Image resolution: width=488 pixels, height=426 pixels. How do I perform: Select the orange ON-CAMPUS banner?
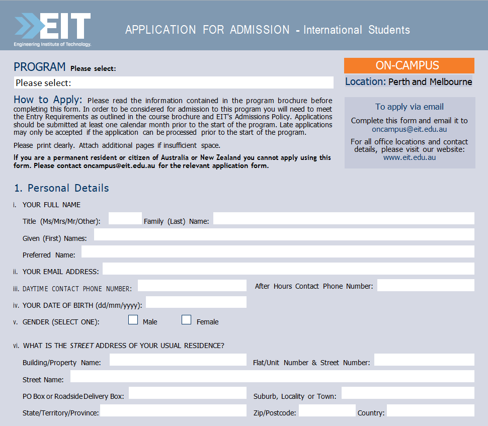[x=409, y=65]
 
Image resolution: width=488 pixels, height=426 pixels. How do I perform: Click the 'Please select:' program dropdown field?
[x=173, y=82]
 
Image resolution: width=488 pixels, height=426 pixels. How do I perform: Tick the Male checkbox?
[x=133, y=320]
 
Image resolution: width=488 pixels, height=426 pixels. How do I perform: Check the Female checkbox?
[x=186, y=320]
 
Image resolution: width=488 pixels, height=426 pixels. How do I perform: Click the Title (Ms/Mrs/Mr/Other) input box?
[x=125, y=219]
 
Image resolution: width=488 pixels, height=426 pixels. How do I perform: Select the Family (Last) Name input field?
[x=344, y=218]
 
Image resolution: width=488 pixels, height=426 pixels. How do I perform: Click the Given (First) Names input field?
[x=284, y=235]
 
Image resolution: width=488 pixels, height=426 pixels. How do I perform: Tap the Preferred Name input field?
[x=278, y=252]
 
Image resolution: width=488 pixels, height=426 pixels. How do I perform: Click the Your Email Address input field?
[x=288, y=269]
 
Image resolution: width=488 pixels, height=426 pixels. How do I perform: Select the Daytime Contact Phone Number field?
[x=192, y=286]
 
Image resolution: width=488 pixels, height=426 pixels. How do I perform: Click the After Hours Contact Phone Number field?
[x=426, y=286]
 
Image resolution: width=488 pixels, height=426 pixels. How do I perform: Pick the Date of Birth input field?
[x=196, y=302]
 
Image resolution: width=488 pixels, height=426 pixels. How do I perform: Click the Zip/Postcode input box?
[x=327, y=410]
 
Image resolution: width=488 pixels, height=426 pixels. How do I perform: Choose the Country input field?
[x=430, y=410]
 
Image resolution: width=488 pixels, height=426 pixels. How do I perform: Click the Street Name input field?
[x=272, y=377]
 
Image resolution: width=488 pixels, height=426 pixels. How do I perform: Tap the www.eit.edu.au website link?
[x=410, y=157]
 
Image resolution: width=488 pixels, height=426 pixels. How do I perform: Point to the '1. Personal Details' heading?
[x=61, y=188]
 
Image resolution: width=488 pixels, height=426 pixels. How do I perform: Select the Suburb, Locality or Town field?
[x=408, y=393]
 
